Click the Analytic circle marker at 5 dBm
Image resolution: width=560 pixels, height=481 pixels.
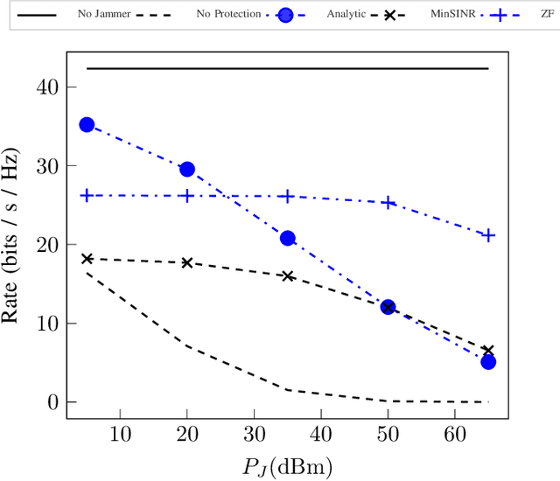(x=87, y=125)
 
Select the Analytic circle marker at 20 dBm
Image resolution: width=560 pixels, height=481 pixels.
(x=186, y=169)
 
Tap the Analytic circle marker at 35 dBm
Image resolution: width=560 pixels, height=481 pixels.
(x=287, y=238)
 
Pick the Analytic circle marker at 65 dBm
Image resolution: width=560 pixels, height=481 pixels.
(x=488, y=361)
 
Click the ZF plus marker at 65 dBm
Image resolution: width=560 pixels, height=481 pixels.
(x=488, y=235)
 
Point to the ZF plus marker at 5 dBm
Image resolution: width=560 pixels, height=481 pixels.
(x=87, y=195)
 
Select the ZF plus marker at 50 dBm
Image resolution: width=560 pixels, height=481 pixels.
(x=388, y=203)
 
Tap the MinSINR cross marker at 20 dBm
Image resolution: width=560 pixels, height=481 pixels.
(x=186, y=262)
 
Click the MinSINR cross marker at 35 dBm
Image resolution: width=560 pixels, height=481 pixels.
(x=287, y=275)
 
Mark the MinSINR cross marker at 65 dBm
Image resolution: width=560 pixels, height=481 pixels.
(x=488, y=350)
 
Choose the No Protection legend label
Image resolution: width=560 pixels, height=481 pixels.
(x=229, y=15)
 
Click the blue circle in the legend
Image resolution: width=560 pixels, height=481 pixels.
(x=284, y=15)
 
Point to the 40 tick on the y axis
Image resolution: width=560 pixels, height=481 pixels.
(x=49, y=87)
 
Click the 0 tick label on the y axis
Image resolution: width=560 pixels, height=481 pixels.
(x=53, y=402)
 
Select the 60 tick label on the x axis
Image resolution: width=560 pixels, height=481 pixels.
(x=454, y=435)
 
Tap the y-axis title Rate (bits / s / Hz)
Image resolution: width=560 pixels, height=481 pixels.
(x=12, y=244)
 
